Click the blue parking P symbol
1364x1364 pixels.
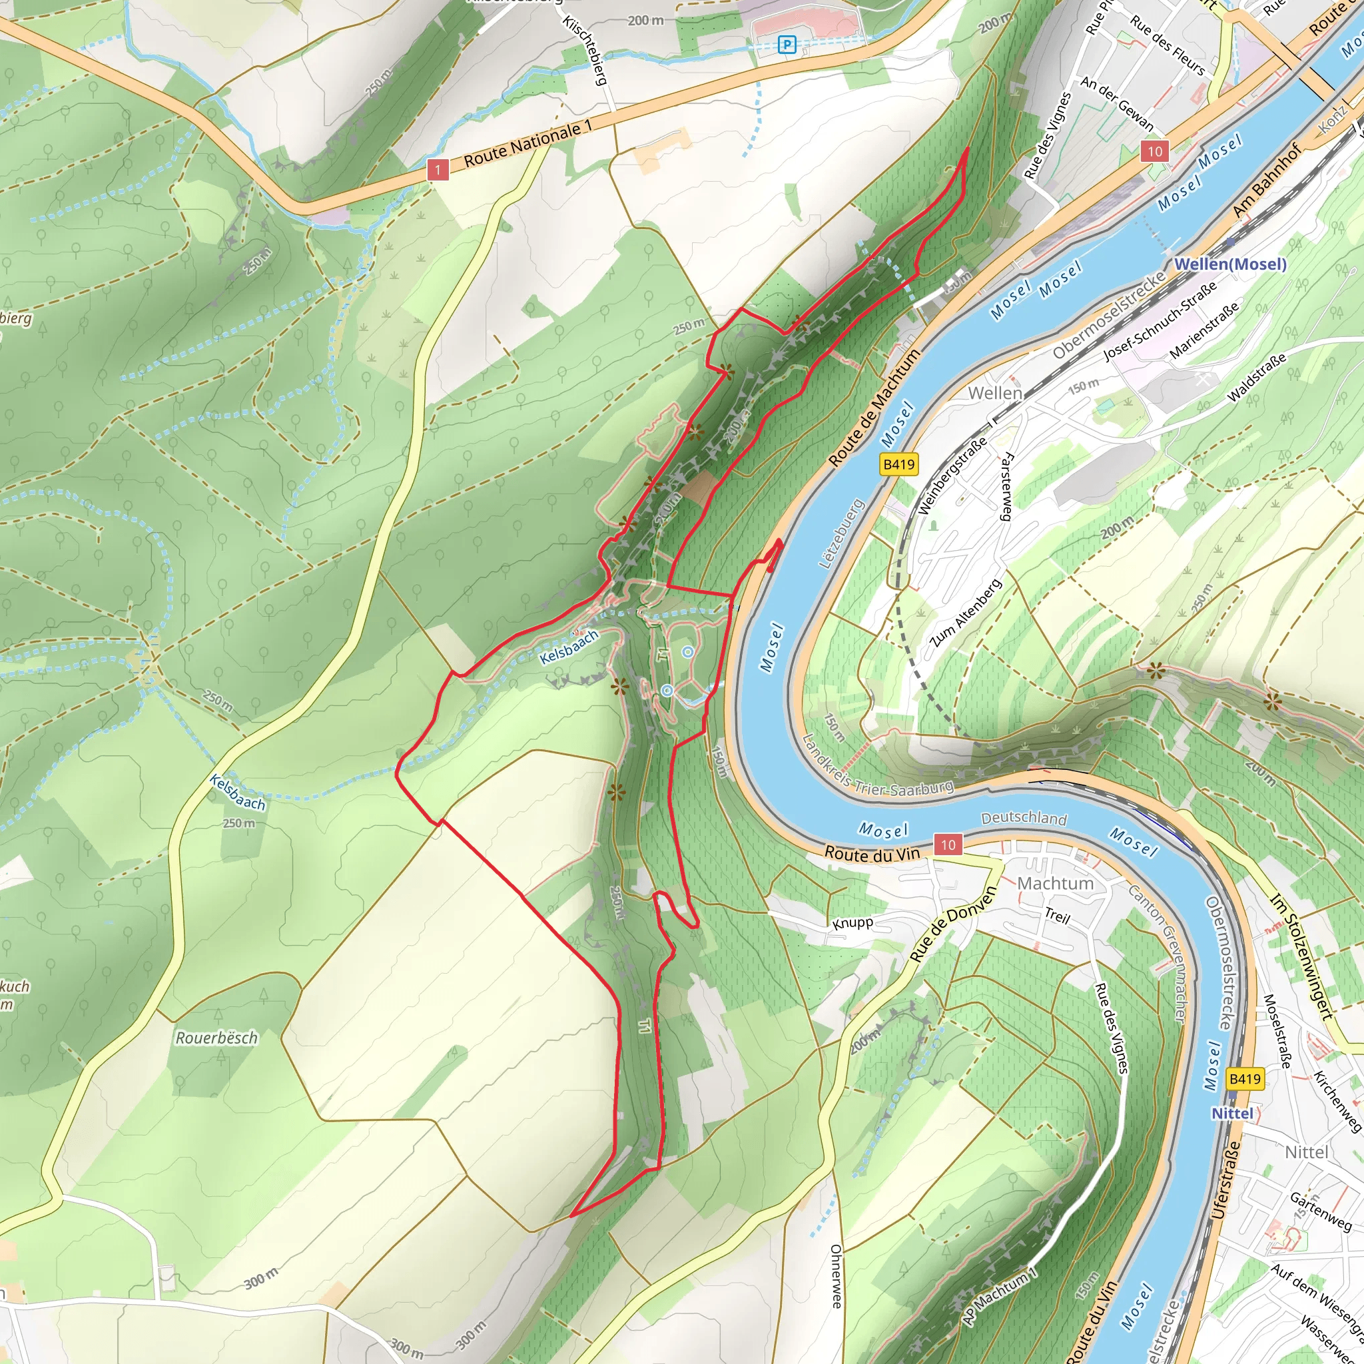coord(787,45)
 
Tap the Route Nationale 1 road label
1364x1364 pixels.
coord(527,144)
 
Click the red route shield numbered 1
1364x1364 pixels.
coord(438,169)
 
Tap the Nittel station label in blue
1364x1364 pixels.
coord(1232,1114)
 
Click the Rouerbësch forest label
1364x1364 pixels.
coord(216,1038)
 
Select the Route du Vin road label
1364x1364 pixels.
coord(872,854)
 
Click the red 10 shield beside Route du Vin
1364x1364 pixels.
coord(948,845)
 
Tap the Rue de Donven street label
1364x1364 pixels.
coord(952,924)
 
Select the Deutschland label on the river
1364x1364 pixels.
coord(1024,818)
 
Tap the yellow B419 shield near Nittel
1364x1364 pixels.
coord(1245,1078)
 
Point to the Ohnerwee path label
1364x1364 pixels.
coord(836,1275)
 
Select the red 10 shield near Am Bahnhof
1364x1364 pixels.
coord(1154,151)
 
